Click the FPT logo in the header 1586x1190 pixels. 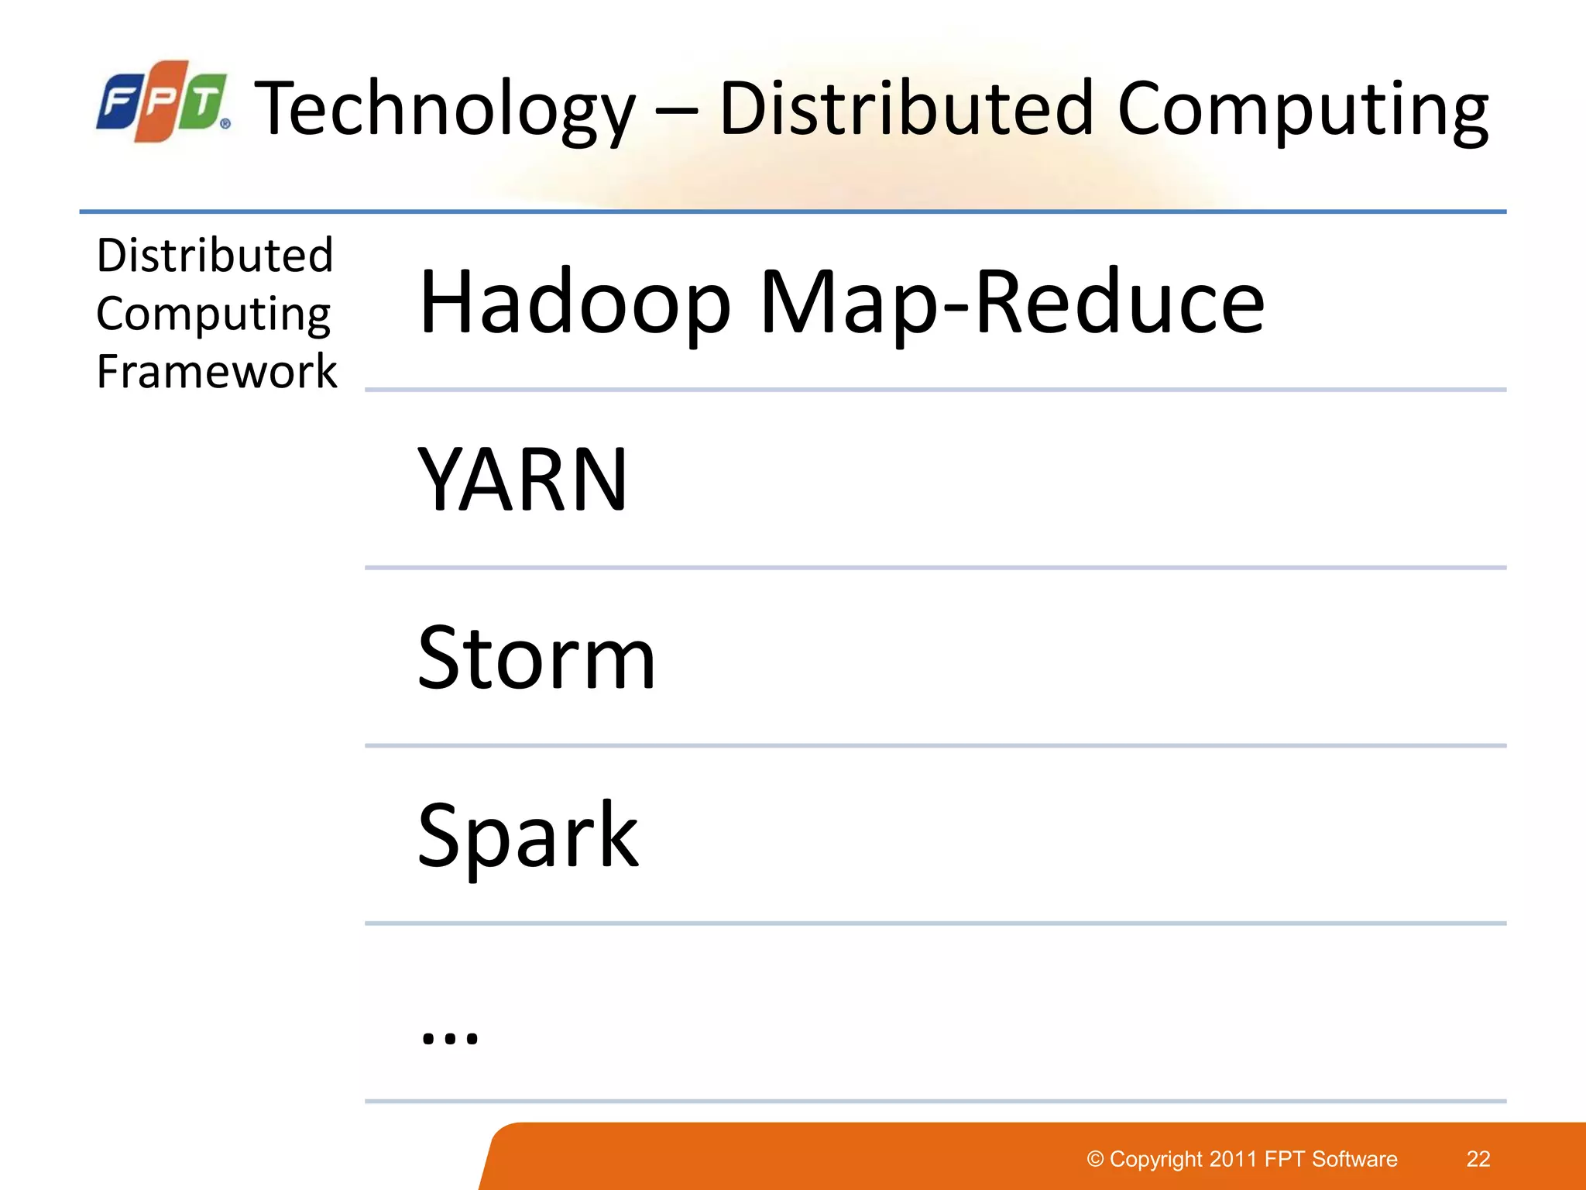(163, 101)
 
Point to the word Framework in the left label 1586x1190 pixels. (217, 371)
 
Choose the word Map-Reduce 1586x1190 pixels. (1011, 302)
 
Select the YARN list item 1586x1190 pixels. (522, 480)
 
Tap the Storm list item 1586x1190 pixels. (536, 658)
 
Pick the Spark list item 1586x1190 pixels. (527, 836)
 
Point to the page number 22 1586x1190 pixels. (1478, 1159)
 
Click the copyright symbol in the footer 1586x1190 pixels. (1095, 1159)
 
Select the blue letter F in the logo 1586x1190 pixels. (120, 101)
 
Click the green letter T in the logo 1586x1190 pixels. (204, 101)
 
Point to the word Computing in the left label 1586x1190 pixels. (213, 314)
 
